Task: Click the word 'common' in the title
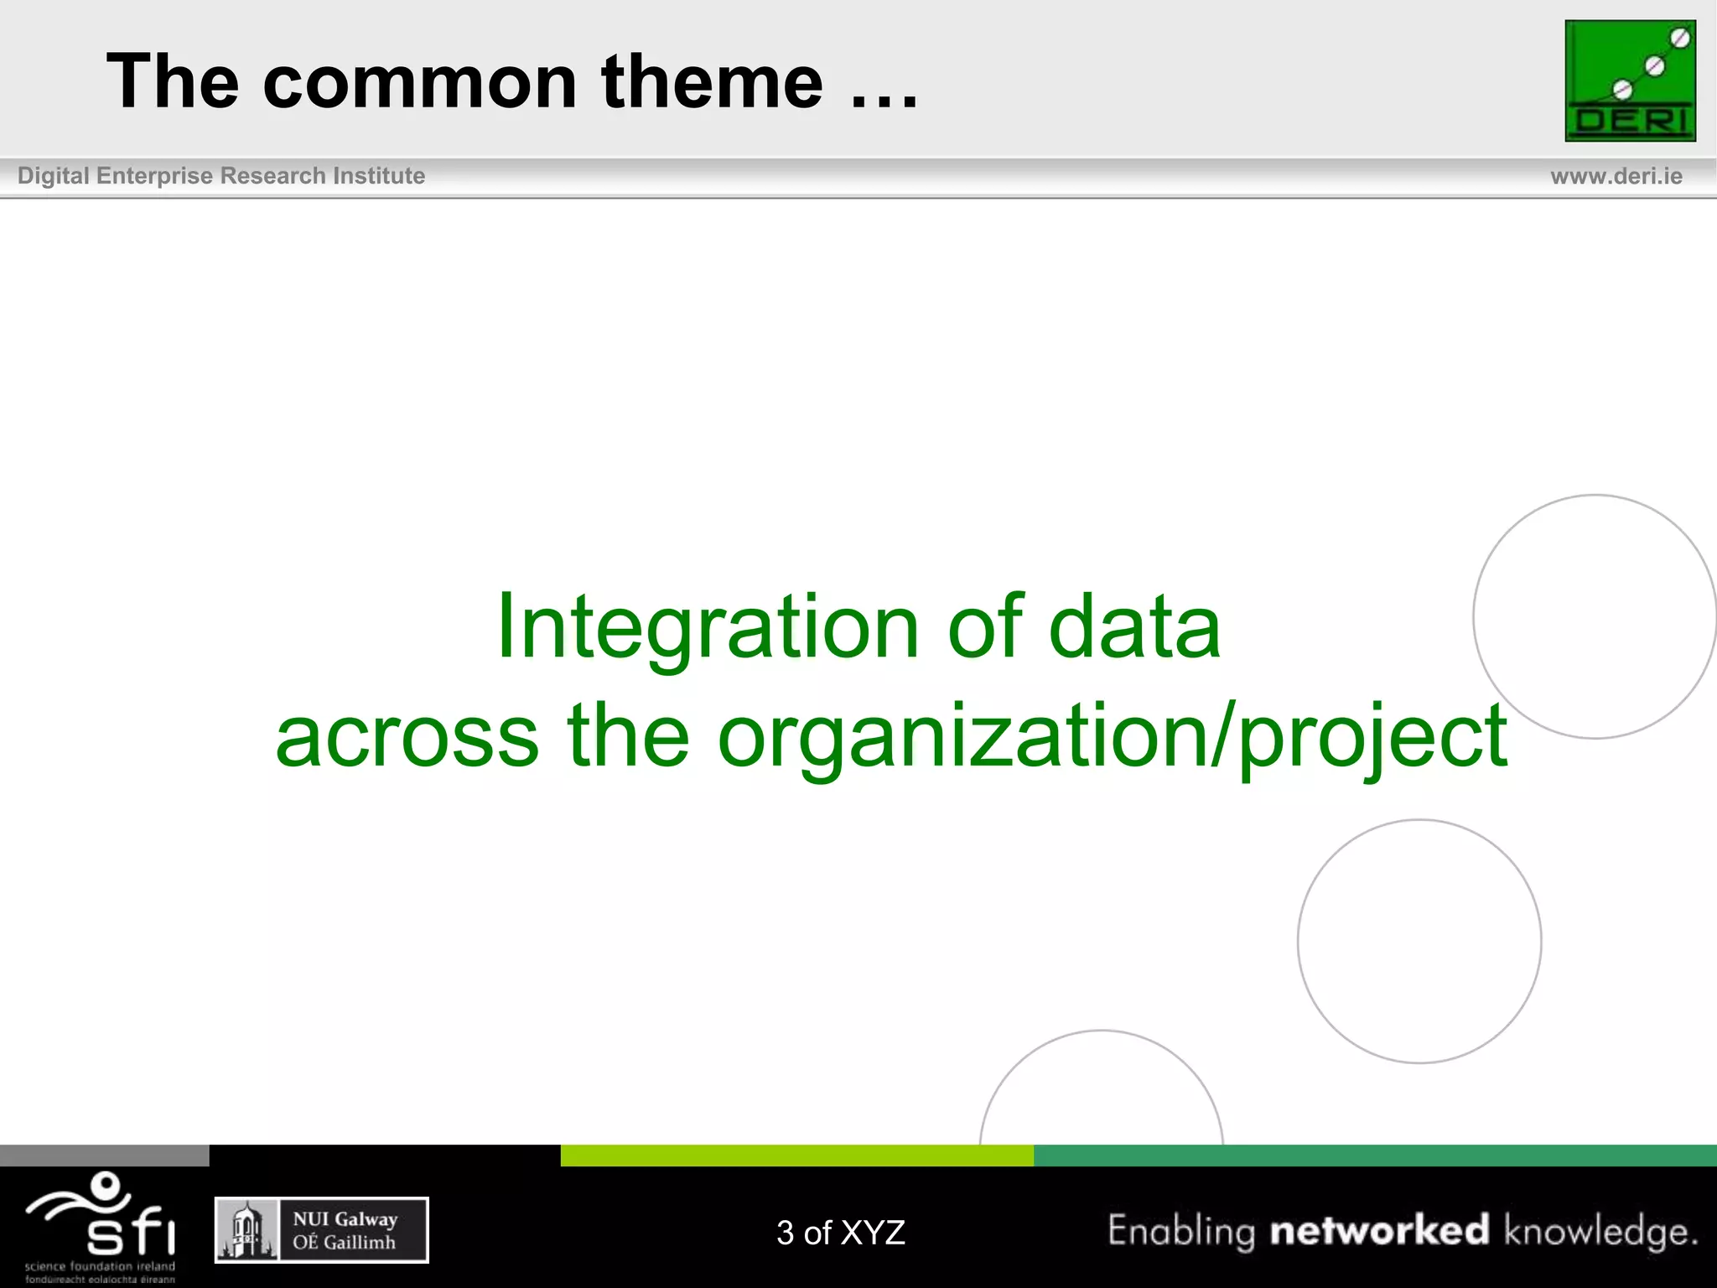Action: coord(419,82)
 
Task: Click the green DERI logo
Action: coord(1630,80)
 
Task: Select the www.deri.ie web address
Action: coord(1616,176)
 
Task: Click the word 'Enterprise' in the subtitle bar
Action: coord(154,176)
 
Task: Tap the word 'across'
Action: coord(407,736)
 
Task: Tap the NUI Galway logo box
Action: coord(322,1230)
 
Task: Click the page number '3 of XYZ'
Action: coord(840,1233)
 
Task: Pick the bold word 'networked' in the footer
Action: coord(1379,1230)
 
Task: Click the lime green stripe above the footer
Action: coord(796,1155)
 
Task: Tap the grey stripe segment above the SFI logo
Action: coord(104,1155)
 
